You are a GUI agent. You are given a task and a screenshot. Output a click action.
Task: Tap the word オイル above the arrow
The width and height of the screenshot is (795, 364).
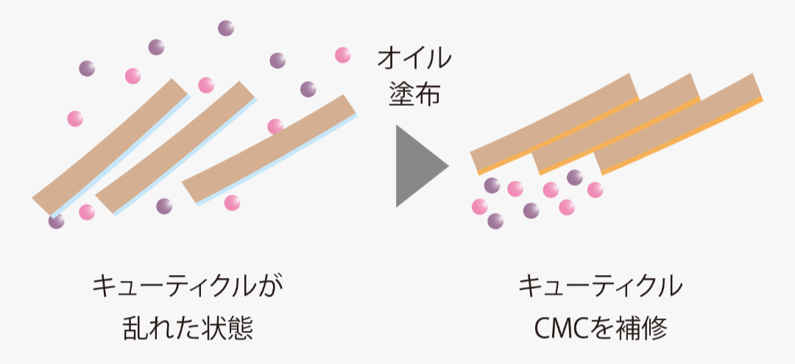click(x=414, y=59)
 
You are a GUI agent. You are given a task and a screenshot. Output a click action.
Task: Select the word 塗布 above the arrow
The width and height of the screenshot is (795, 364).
click(x=414, y=94)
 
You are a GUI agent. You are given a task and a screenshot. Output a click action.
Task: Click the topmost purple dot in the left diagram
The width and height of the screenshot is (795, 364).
click(x=226, y=29)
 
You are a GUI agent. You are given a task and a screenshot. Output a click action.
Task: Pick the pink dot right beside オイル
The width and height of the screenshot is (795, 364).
click(x=343, y=54)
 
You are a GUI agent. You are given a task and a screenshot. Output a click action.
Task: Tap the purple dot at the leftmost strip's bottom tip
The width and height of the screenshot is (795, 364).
click(x=57, y=220)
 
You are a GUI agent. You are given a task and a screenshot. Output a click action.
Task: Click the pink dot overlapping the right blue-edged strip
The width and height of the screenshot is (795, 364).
click(x=275, y=126)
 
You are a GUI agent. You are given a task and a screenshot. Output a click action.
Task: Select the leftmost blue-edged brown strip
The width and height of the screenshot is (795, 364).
click(x=110, y=147)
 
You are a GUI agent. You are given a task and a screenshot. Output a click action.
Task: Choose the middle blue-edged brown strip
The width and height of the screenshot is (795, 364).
click(x=175, y=147)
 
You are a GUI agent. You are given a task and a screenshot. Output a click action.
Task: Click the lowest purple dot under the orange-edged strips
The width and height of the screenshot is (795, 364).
click(x=495, y=220)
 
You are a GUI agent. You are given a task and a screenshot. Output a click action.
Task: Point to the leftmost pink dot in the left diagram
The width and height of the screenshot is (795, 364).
click(x=75, y=118)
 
